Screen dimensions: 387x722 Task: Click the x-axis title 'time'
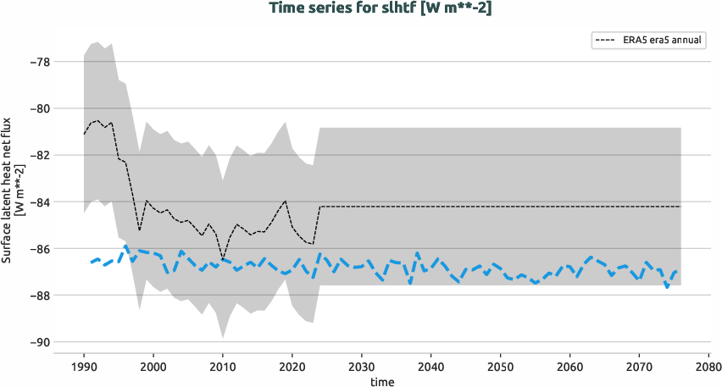(382, 381)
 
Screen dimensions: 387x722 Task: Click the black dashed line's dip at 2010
(223, 259)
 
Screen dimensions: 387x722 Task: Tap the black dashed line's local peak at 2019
(286, 201)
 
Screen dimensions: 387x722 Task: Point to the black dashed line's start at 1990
(84, 134)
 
